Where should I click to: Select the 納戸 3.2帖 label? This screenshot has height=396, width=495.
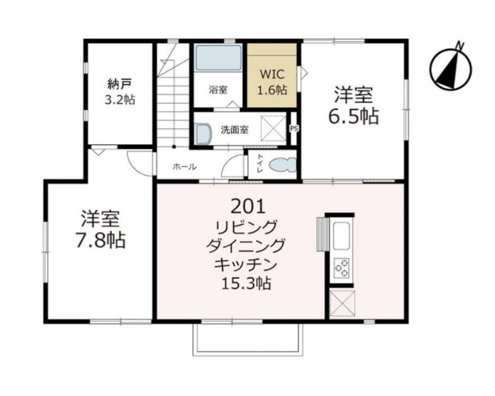tap(120, 91)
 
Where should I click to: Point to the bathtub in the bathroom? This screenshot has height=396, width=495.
tap(218, 58)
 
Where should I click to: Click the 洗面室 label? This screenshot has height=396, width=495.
tap(234, 130)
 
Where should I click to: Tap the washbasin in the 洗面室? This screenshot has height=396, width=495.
tap(202, 133)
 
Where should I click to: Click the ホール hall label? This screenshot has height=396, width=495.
tap(184, 167)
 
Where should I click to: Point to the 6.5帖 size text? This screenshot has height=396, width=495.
tap(354, 117)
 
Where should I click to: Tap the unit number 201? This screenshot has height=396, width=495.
tap(251, 206)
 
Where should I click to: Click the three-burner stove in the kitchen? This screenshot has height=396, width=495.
tap(343, 268)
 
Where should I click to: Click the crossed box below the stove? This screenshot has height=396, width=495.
tap(341, 304)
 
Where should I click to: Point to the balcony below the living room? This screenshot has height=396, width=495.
tap(250, 339)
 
